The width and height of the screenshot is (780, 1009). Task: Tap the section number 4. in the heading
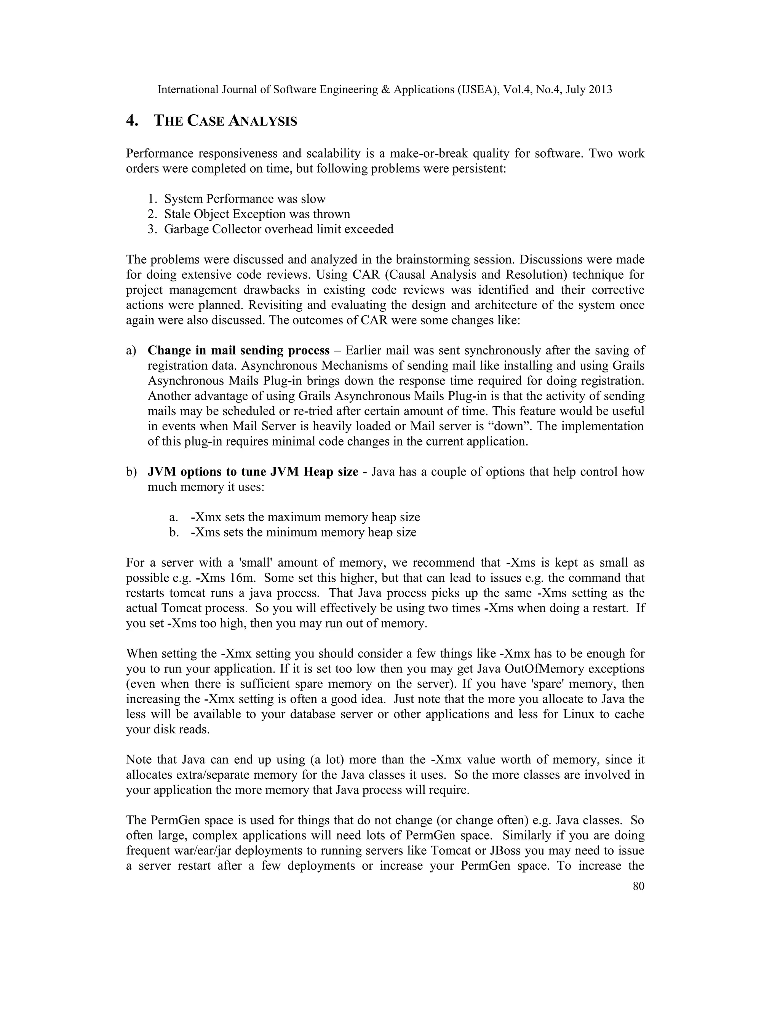coord(132,121)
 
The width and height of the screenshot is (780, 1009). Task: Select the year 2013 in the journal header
coord(600,89)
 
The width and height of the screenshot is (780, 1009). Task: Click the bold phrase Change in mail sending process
coord(238,351)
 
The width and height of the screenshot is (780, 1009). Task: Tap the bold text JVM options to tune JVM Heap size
coord(253,472)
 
